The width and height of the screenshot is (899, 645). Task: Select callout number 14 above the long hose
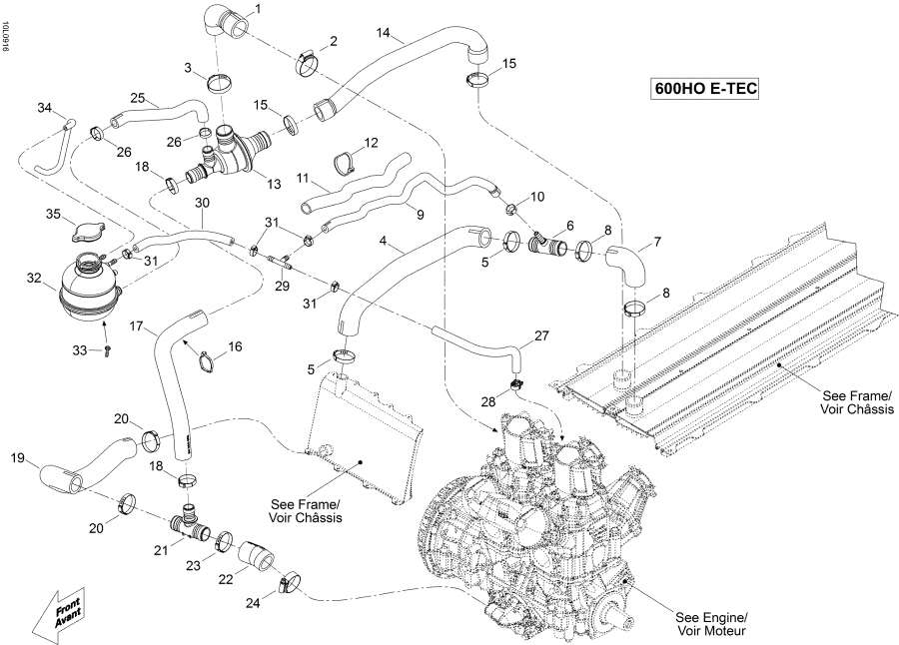pyautogui.click(x=382, y=34)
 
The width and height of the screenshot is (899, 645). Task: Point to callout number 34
pyautogui.click(x=44, y=107)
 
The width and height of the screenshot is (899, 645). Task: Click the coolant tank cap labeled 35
pyautogui.click(x=87, y=232)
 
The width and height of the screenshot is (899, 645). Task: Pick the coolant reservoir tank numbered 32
pyautogui.click(x=88, y=290)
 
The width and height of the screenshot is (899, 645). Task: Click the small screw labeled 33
pyautogui.click(x=107, y=349)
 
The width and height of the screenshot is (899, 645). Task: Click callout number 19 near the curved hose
pyautogui.click(x=17, y=460)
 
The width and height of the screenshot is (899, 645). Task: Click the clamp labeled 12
pyautogui.click(x=346, y=160)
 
